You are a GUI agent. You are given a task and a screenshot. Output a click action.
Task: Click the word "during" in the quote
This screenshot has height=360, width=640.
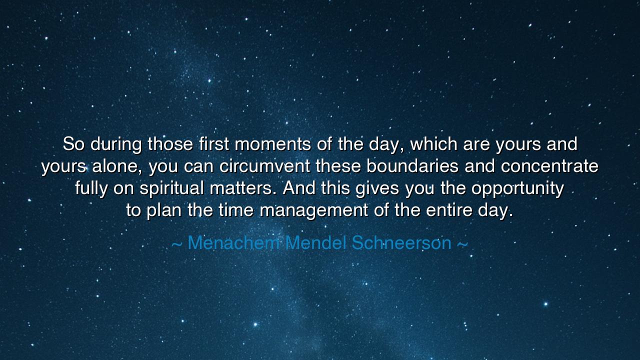[x=116, y=144]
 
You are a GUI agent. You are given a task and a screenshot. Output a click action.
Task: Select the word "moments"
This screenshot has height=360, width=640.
[x=272, y=144]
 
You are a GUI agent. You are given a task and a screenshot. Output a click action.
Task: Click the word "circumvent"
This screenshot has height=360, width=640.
[x=265, y=166]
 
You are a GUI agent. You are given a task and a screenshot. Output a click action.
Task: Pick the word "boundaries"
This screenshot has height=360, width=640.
[x=412, y=166]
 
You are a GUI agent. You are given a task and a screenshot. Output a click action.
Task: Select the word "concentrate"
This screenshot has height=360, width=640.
[x=549, y=166]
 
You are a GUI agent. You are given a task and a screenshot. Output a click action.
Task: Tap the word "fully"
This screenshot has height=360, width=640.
[x=91, y=188]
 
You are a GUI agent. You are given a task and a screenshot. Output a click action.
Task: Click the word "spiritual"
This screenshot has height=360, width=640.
[x=171, y=188]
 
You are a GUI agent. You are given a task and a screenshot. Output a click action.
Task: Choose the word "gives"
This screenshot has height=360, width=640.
[x=377, y=188]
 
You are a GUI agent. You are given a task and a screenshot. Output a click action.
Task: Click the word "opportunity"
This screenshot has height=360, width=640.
[x=517, y=189]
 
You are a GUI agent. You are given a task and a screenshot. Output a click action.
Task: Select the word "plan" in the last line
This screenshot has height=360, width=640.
[x=164, y=210]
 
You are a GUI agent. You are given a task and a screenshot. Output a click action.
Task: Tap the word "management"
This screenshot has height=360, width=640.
[x=314, y=211]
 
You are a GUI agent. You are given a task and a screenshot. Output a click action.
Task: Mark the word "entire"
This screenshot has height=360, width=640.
[x=449, y=210]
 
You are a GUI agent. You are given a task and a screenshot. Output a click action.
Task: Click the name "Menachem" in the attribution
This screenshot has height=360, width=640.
[x=233, y=243]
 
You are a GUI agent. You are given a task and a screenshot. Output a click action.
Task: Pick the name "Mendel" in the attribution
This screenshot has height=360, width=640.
[x=315, y=243]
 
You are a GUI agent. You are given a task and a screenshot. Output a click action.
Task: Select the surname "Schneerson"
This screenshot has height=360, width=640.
[x=401, y=243]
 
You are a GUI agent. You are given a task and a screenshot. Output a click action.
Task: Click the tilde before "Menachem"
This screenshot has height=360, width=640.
[x=177, y=244]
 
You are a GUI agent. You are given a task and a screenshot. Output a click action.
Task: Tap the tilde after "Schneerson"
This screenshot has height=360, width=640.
[x=462, y=244]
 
